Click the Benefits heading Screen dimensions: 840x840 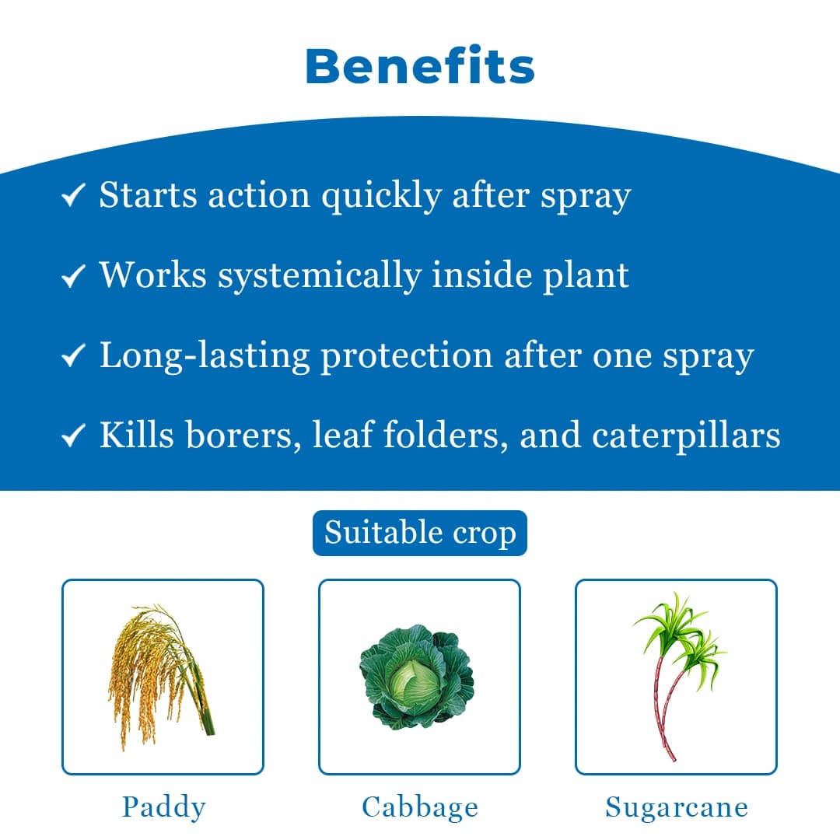[420, 67]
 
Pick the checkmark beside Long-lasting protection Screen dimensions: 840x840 [72, 356]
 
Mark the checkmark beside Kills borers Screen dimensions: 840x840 [72, 436]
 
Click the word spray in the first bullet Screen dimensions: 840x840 [586, 197]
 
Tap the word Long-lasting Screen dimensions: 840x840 [205, 356]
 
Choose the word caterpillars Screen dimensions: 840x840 [686, 436]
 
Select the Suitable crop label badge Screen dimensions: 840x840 [420, 534]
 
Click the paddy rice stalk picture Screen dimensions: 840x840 [162, 677]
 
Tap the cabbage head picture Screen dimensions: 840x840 [418, 675]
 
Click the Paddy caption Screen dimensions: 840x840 [163, 807]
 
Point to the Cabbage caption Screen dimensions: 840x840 [419, 807]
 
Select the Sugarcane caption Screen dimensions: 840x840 [676, 807]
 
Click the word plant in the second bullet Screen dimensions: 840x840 [585, 276]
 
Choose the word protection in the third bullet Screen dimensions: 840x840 [407, 356]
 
